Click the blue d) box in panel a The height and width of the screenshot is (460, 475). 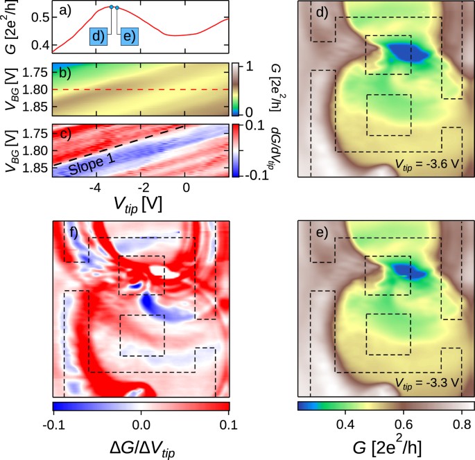(98, 37)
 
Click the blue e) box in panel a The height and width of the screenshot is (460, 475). (130, 37)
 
